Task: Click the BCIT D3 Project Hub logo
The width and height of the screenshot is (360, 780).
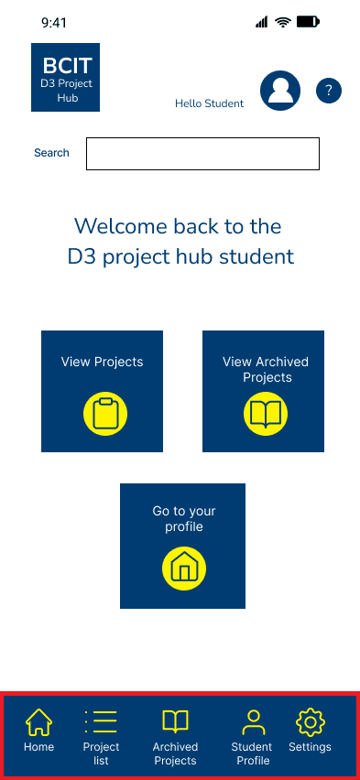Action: (65, 77)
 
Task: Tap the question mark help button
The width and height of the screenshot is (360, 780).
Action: (329, 91)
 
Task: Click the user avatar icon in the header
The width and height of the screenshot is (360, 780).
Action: (280, 91)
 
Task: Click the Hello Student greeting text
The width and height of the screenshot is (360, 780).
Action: (209, 103)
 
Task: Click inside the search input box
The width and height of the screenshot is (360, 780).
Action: (202, 154)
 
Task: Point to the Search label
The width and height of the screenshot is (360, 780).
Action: (51, 153)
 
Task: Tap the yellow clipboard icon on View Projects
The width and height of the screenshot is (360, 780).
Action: (105, 414)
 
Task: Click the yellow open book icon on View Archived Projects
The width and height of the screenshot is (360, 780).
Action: (266, 414)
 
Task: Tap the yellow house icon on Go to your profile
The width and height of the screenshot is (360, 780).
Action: (184, 569)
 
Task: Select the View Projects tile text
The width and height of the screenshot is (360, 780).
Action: (102, 362)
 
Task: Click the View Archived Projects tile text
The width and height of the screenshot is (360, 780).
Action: (266, 369)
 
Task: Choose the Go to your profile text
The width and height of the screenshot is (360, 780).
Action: (184, 519)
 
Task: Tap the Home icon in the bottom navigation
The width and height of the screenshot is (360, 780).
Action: (38, 722)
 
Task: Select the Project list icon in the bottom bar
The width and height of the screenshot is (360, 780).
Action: (101, 722)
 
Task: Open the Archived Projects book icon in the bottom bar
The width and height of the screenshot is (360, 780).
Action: (175, 722)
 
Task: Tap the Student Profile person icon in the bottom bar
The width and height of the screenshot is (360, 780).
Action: (252, 722)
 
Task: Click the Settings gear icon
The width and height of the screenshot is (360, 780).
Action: (311, 722)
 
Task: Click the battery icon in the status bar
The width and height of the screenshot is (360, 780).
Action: (308, 21)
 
